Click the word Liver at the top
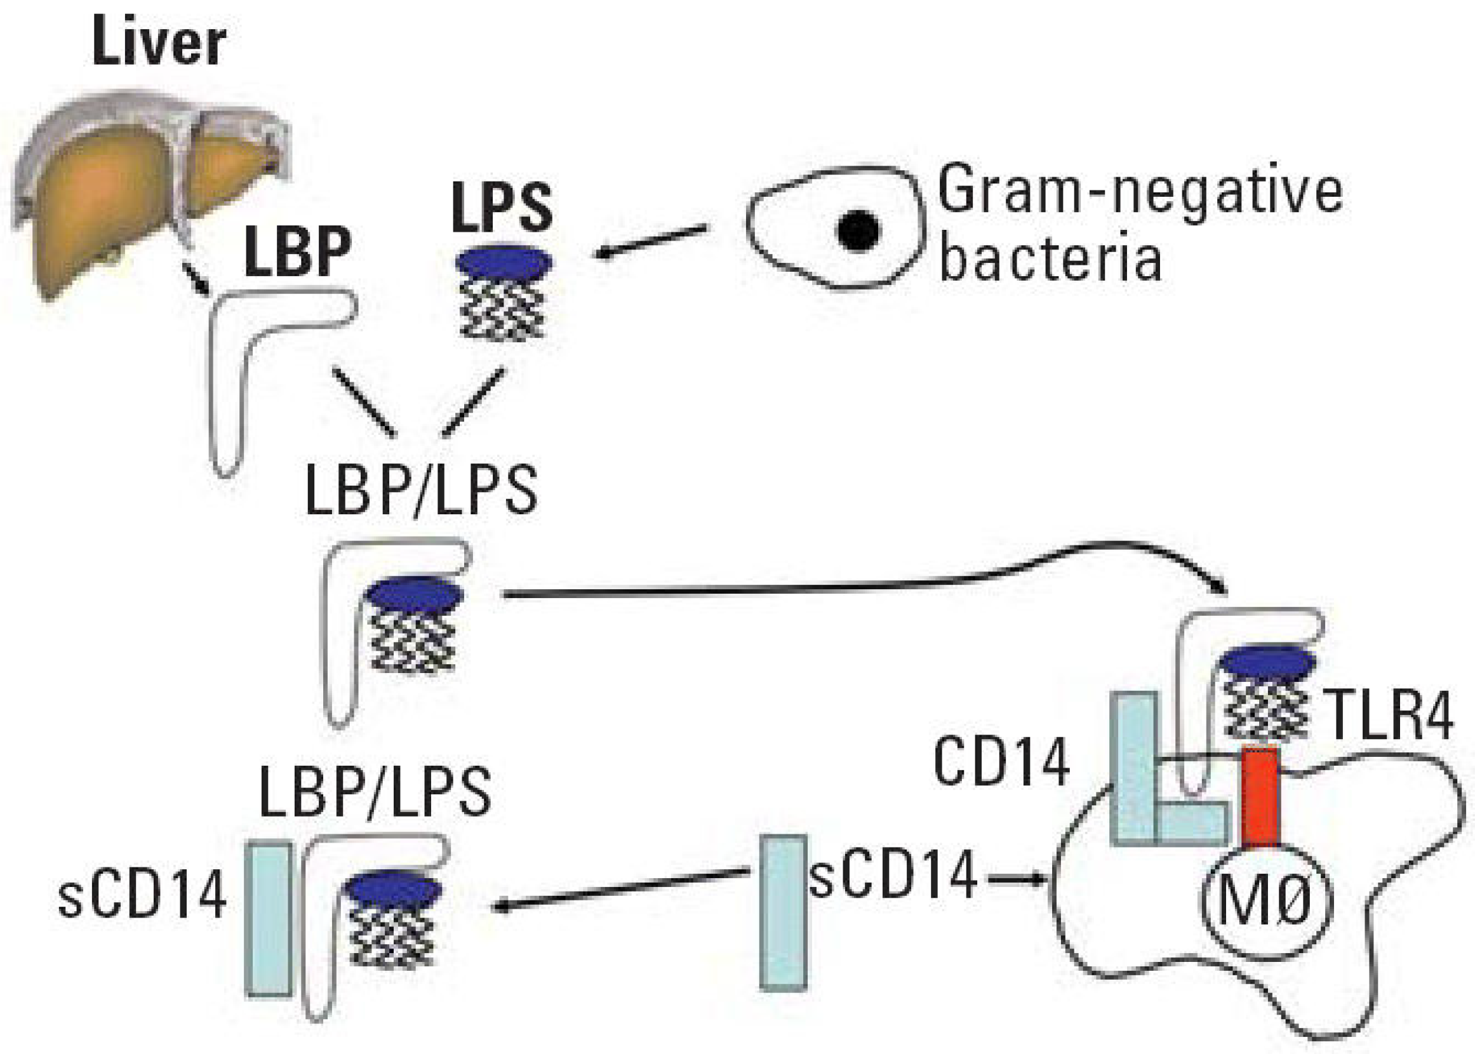click(x=159, y=41)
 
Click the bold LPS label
click(x=503, y=207)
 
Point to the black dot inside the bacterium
click(x=858, y=230)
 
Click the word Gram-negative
click(x=1140, y=188)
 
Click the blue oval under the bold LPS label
click(x=504, y=262)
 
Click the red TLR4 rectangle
click(x=1260, y=797)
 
